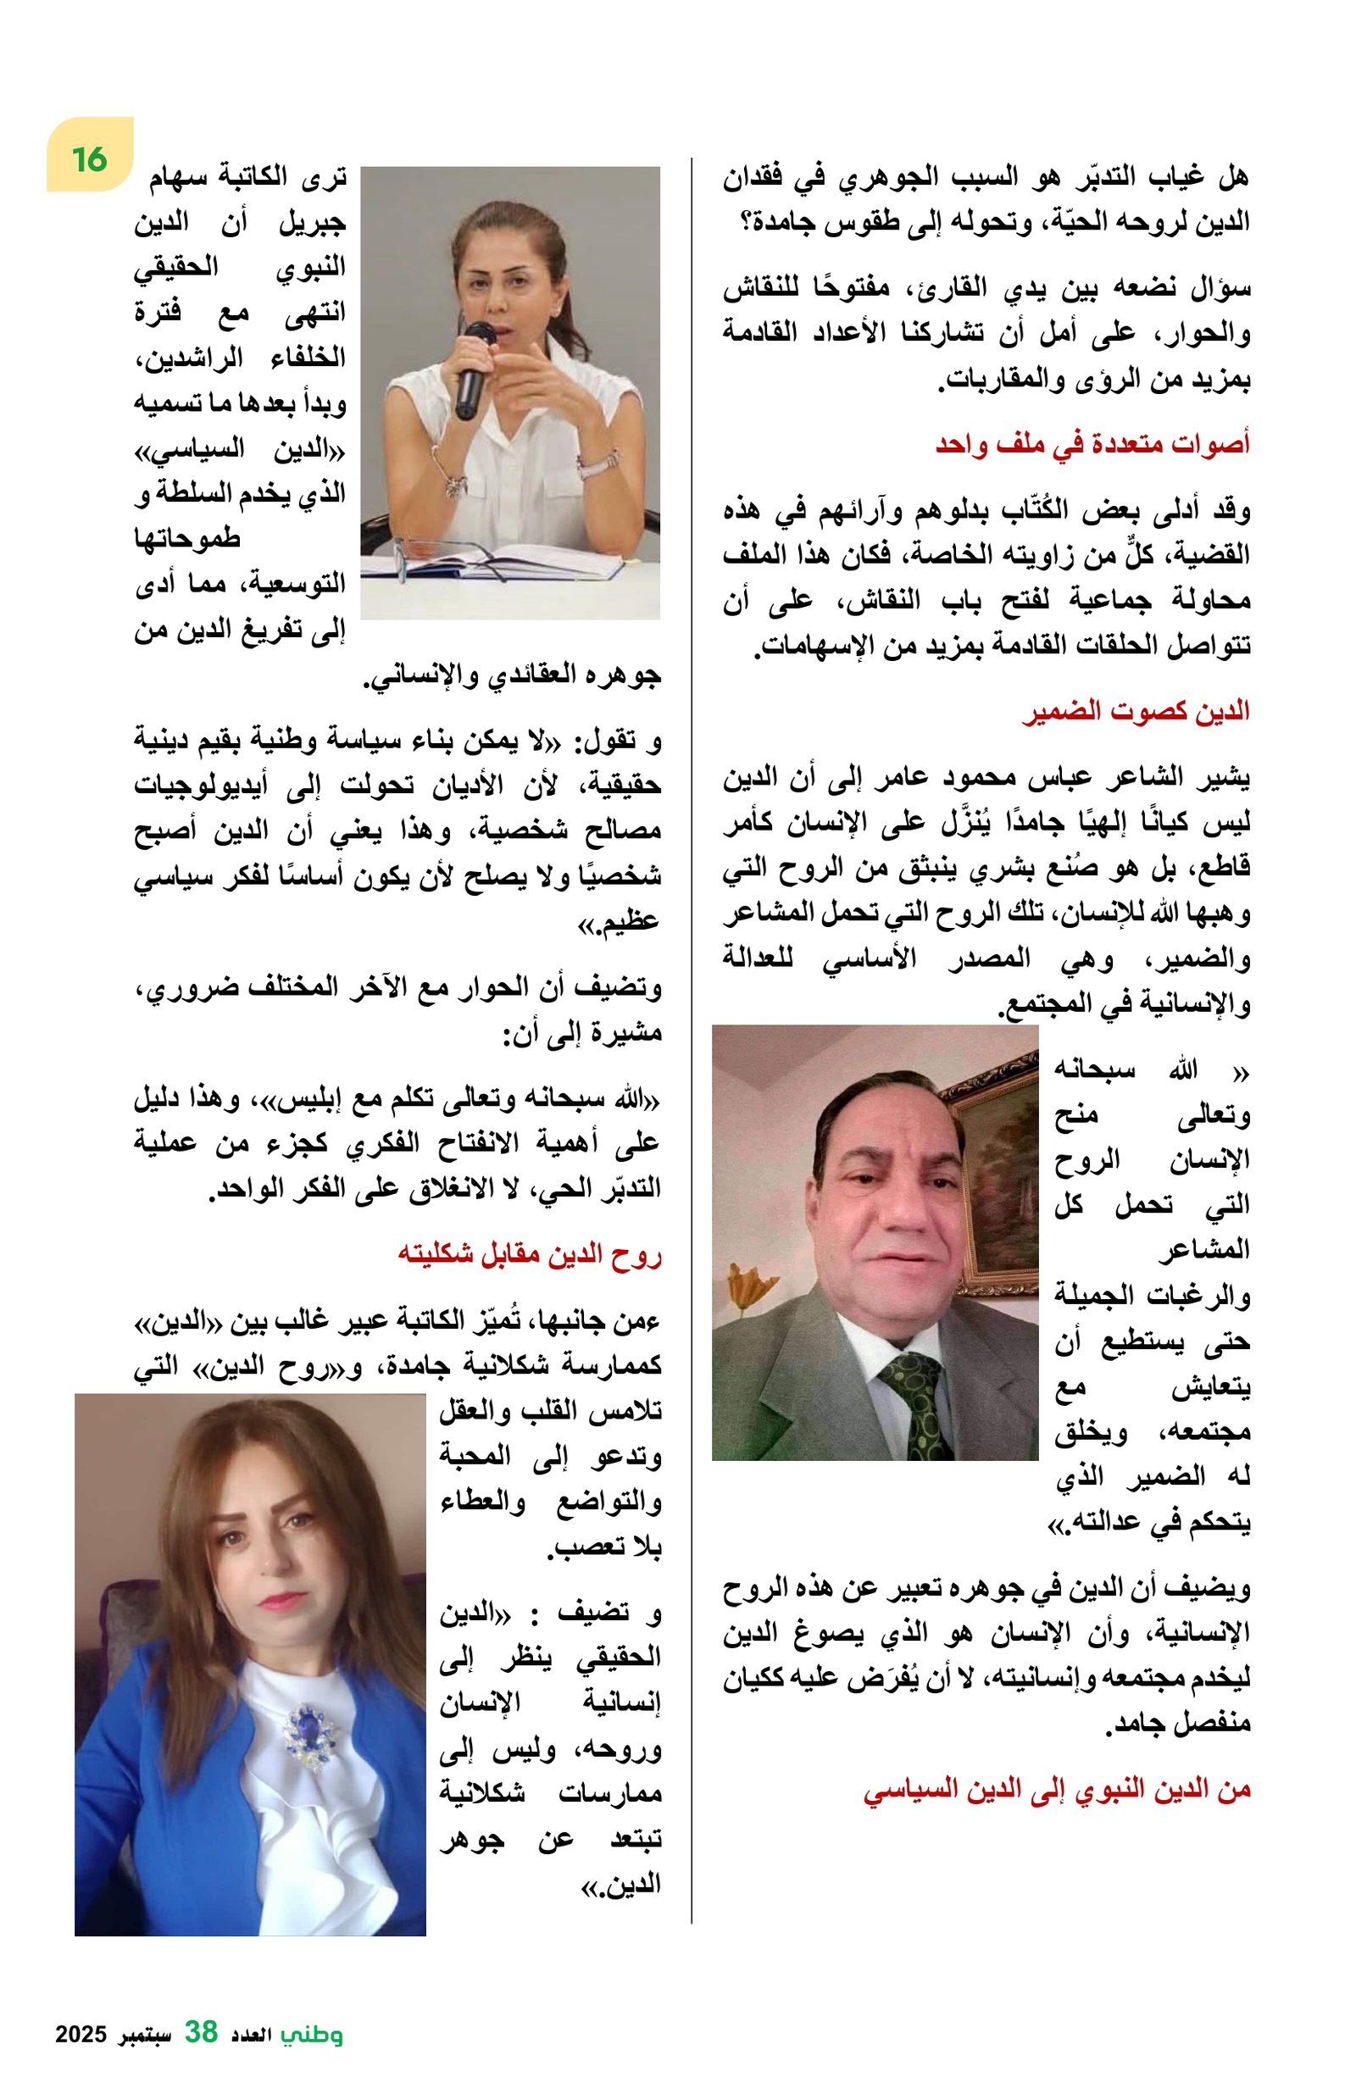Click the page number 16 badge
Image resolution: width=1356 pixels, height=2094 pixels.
coord(90,158)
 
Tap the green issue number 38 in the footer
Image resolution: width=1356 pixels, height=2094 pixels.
coord(201,2030)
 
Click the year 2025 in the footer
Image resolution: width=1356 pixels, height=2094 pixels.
coord(81,2033)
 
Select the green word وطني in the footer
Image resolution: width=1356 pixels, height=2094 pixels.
coord(312,2032)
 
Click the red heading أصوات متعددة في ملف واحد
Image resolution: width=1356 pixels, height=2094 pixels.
coord(1091,443)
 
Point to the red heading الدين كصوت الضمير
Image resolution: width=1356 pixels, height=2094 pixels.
coord(1135,711)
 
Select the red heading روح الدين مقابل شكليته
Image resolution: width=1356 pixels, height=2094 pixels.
coord(529,1253)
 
